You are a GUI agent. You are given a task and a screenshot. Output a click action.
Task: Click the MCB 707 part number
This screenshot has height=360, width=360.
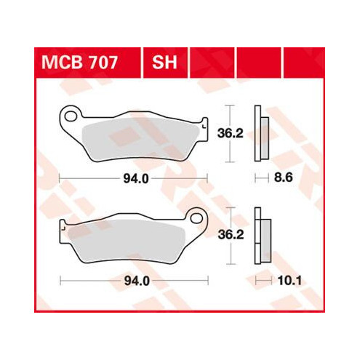click(79, 63)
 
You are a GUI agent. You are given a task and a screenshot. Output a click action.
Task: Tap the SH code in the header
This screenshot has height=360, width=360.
click(164, 63)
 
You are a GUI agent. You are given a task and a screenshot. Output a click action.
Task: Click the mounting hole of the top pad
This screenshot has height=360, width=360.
click(71, 116)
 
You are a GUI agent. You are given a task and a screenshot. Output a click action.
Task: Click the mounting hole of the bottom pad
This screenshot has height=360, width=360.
click(196, 218)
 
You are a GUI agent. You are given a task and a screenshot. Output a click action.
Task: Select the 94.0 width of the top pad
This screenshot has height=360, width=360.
click(136, 179)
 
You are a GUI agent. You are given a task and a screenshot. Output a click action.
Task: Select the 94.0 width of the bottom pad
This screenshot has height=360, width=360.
click(137, 281)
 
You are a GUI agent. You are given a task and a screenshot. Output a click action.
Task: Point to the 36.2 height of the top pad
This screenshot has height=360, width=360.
click(230, 134)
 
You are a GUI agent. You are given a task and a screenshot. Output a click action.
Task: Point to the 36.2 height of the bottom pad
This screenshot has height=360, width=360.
click(231, 235)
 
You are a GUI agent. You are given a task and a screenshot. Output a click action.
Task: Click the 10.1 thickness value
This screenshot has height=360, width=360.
click(289, 281)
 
